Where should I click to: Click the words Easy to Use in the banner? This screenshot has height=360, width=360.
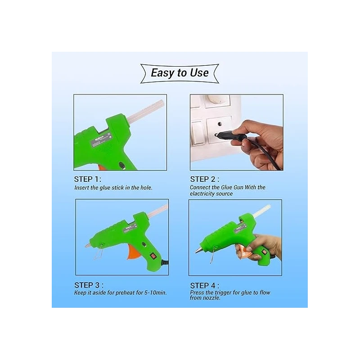(x=180, y=72)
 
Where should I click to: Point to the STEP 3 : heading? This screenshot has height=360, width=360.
(x=89, y=285)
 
